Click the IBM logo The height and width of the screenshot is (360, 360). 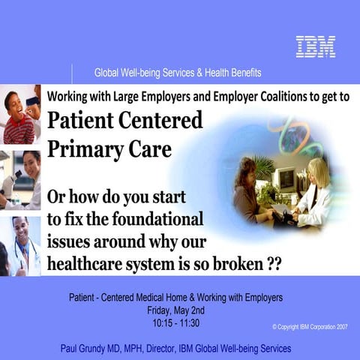click(x=315, y=46)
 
